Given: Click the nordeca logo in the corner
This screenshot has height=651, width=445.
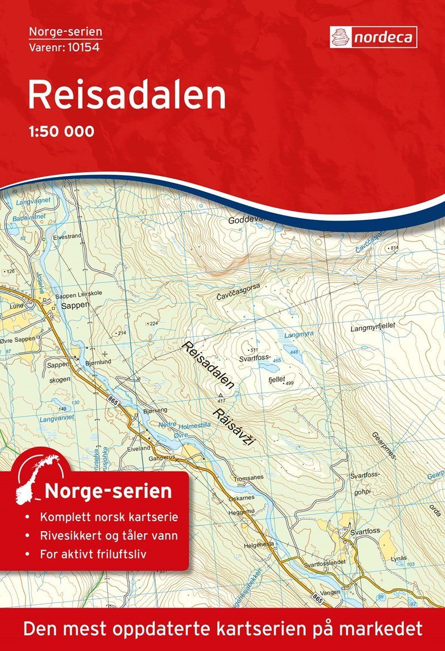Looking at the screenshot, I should (x=373, y=37).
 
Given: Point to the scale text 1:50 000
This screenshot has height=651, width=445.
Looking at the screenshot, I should (x=61, y=132).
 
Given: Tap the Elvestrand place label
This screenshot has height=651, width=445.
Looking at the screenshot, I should (x=67, y=236).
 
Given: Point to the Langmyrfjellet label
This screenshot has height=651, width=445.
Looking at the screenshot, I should (x=372, y=329).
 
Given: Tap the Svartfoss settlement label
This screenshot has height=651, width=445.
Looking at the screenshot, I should (x=365, y=531).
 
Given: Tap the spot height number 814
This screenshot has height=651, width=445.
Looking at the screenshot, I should (x=395, y=247).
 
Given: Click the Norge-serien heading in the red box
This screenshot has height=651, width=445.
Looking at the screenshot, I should (x=108, y=492).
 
